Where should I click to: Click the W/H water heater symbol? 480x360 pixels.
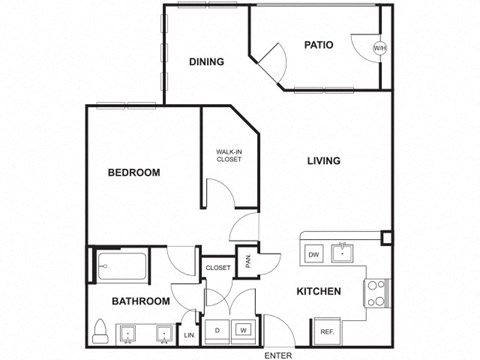point(379,49)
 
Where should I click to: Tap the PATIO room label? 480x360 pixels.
point(318,45)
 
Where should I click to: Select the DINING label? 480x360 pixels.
point(206,62)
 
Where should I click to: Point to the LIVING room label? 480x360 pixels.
point(324,161)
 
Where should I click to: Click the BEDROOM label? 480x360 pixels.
point(133,173)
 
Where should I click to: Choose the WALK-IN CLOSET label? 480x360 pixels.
point(229,155)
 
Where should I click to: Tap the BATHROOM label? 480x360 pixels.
point(141,301)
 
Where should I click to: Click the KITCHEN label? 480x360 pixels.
point(319,292)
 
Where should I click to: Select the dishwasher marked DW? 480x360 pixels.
point(313,254)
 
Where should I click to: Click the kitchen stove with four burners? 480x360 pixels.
point(376,292)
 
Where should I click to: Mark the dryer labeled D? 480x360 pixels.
point(217,329)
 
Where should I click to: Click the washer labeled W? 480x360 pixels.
point(242,329)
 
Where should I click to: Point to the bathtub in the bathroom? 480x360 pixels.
point(122,267)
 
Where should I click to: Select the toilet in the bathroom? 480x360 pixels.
point(100,329)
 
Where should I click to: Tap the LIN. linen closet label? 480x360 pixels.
point(189,335)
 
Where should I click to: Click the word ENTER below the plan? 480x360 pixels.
point(278,354)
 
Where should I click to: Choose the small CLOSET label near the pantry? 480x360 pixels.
point(218,268)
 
